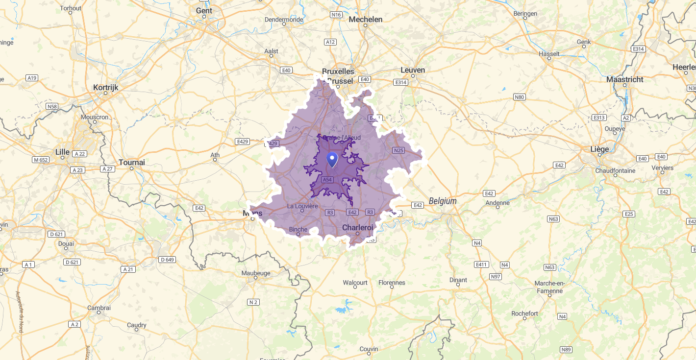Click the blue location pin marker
(x=332, y=159)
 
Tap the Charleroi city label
(x=357, y=228)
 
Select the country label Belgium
(x=442, y=201)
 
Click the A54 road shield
(x=327, y=180)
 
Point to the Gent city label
(x=204, y=11)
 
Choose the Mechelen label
(x=365, y=20)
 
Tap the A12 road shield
(x=331, y=42)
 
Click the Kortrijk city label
(x=105, y=88)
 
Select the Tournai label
(x=132, y=163)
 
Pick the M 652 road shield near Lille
(x=41, y=160)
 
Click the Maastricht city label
(x=624, y=79)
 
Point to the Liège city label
(x=599, y=149)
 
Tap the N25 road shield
(x=398, y=150)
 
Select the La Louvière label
(x=302, y=206)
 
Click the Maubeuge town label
(x=255, y=273)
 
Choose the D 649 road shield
(x=167, y=260)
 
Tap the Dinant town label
(x=458, y=280)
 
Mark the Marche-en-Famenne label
(x=549, y=287)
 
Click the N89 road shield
(x=566, y=350)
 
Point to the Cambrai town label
(x=99, y=308)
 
